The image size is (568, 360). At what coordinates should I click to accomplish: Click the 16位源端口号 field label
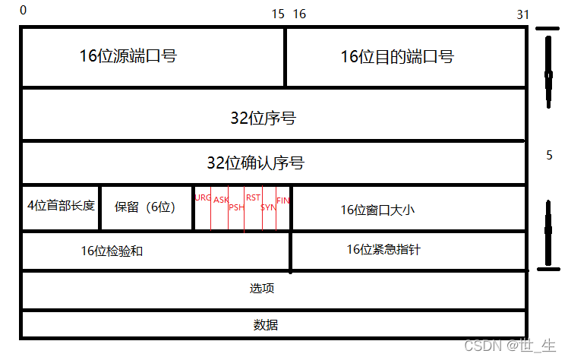pos(128,55)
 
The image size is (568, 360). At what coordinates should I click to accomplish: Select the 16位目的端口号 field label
pos(396,56)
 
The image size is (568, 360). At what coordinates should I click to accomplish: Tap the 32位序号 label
pos(263,118)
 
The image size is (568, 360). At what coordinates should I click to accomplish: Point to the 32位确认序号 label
pos(260,163)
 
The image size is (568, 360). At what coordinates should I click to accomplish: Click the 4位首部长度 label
pos(61,205)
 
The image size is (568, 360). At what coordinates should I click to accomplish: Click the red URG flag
pos(203,197)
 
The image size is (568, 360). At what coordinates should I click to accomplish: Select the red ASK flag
pos(220,200)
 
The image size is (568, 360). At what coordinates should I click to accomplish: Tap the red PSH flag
pos(236,207)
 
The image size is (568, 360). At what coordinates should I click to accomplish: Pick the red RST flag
pos(253,197)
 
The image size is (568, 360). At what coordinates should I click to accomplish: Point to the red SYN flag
pos(269,207)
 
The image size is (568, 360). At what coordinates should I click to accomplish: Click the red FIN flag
pos(283,200)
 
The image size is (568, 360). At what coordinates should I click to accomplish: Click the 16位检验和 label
pos(112,251)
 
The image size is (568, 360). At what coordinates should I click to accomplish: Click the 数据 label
pos(266,325)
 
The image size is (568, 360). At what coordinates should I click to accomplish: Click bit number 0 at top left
pos(23,10)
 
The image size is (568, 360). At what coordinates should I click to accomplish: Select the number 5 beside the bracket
pos(549,155)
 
